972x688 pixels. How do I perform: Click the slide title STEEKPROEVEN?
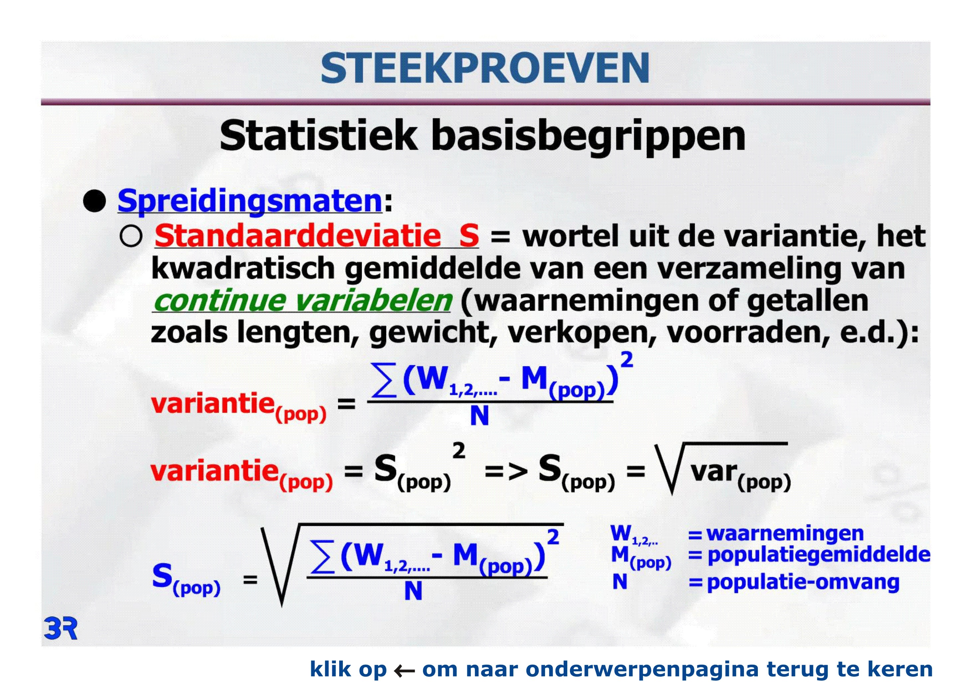click(x=485, y=68)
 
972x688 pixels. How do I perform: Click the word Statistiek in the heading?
click(x=318, y=135)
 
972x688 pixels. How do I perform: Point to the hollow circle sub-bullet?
click(x=131, y=236)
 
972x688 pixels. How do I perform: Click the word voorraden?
click(x=746, y=333)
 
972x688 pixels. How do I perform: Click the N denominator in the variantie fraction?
click(x=479, y=416)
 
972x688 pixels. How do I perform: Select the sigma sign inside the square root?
click(x=322, y=556)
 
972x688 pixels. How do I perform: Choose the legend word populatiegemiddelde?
click(x=819, y=555)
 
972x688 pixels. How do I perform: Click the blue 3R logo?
click(x=61, y=629)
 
